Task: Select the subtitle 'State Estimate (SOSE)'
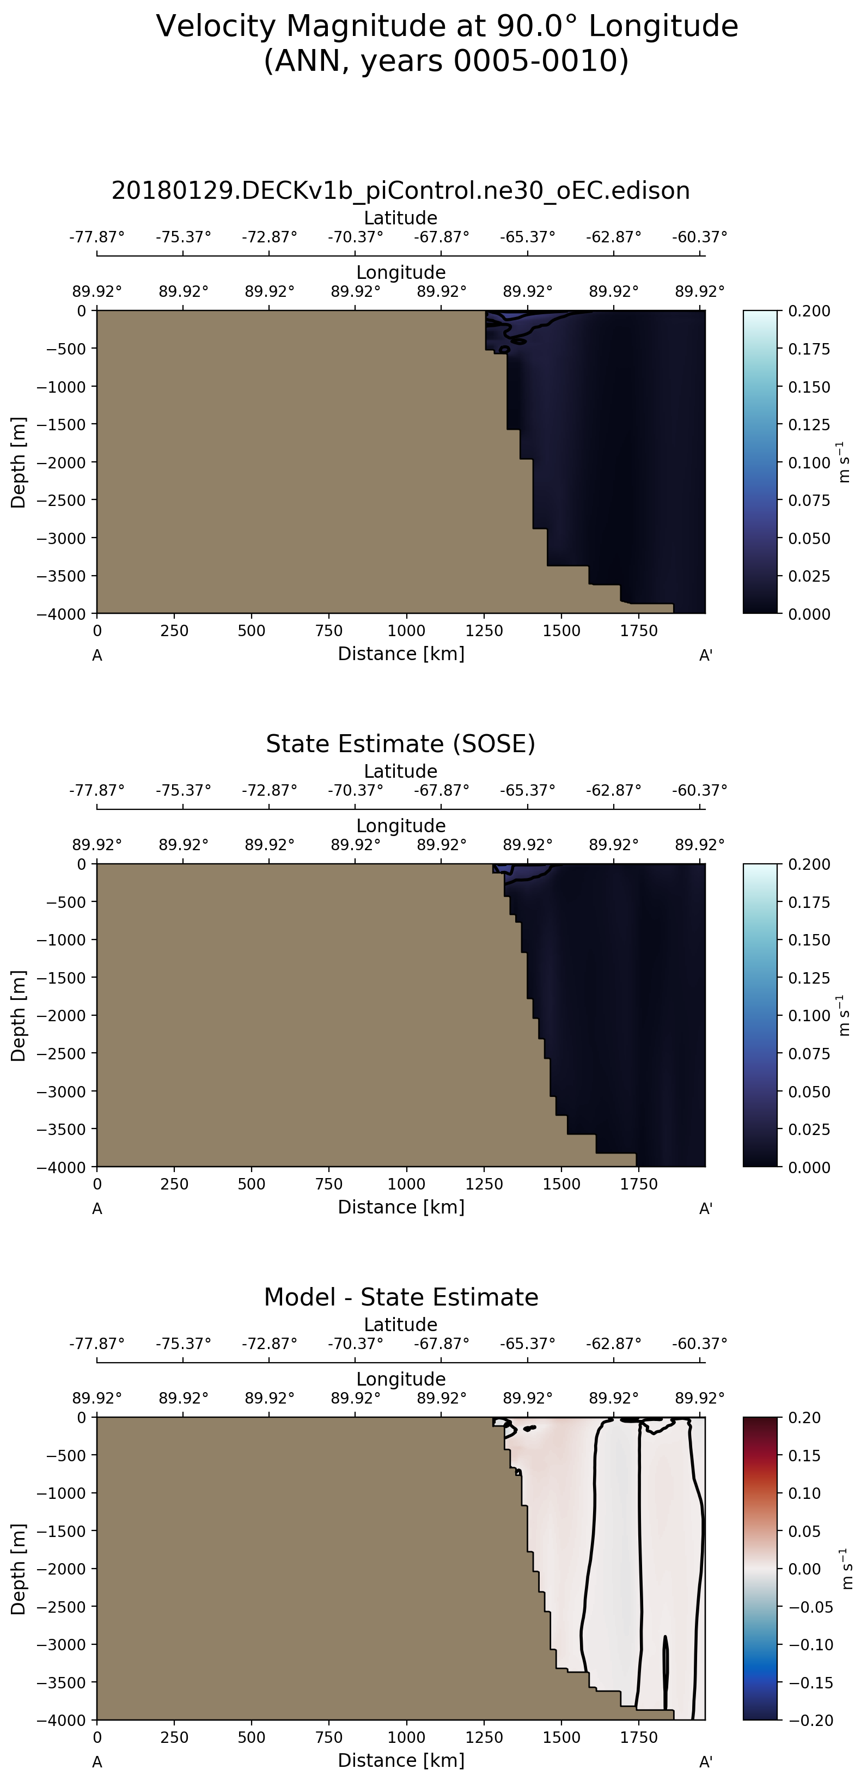400,744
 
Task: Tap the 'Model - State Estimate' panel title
400,1297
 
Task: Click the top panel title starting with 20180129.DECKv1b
400,191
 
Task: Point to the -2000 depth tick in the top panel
62,462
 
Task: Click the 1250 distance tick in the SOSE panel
484,1184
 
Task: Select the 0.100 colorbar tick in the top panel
809,462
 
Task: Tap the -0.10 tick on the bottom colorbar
810,1645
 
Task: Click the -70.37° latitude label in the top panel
356,237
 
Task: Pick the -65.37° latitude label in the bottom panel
528,1343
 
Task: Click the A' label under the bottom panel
705,1761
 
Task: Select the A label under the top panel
97,655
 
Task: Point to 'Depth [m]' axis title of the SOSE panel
18,1016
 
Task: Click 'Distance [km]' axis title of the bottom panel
400,1760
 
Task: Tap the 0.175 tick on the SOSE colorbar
809,902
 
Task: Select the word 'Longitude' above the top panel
400,272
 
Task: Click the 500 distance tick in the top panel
251,631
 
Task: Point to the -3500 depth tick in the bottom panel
62,1682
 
